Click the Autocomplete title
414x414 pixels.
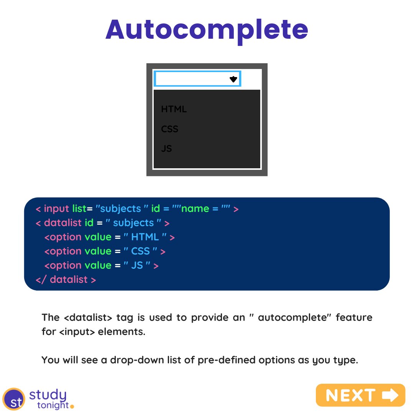tap(207, 30)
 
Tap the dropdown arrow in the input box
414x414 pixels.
tap(233, 79)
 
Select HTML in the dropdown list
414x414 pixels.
tap(174, 109)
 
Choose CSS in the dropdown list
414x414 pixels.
tap(170, 129)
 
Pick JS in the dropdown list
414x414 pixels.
tap(166, 149)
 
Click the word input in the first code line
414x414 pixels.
tap(57, 209)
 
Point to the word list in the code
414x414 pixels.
tap(79, 209)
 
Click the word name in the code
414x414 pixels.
tap(195, 209)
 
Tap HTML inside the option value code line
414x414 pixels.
tap(145, 237)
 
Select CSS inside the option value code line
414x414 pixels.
tap(140, 251)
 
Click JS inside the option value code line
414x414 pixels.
tap(137, 266)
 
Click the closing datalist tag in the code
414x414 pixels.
tap(66, 280)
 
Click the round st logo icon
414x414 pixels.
tap(13, 399)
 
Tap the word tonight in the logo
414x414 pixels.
tap(53, 405)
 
